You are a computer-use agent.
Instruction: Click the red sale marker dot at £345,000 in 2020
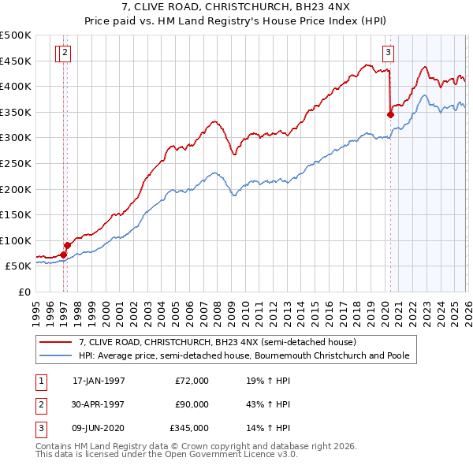[390, 114]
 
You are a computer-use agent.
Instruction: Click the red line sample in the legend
[57, 343]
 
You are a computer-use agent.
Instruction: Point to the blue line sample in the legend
[57, 356]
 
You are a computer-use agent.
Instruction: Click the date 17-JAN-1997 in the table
[99, 380]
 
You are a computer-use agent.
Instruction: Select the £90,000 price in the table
[192, 404]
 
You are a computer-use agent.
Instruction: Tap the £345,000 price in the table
[190, 429]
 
